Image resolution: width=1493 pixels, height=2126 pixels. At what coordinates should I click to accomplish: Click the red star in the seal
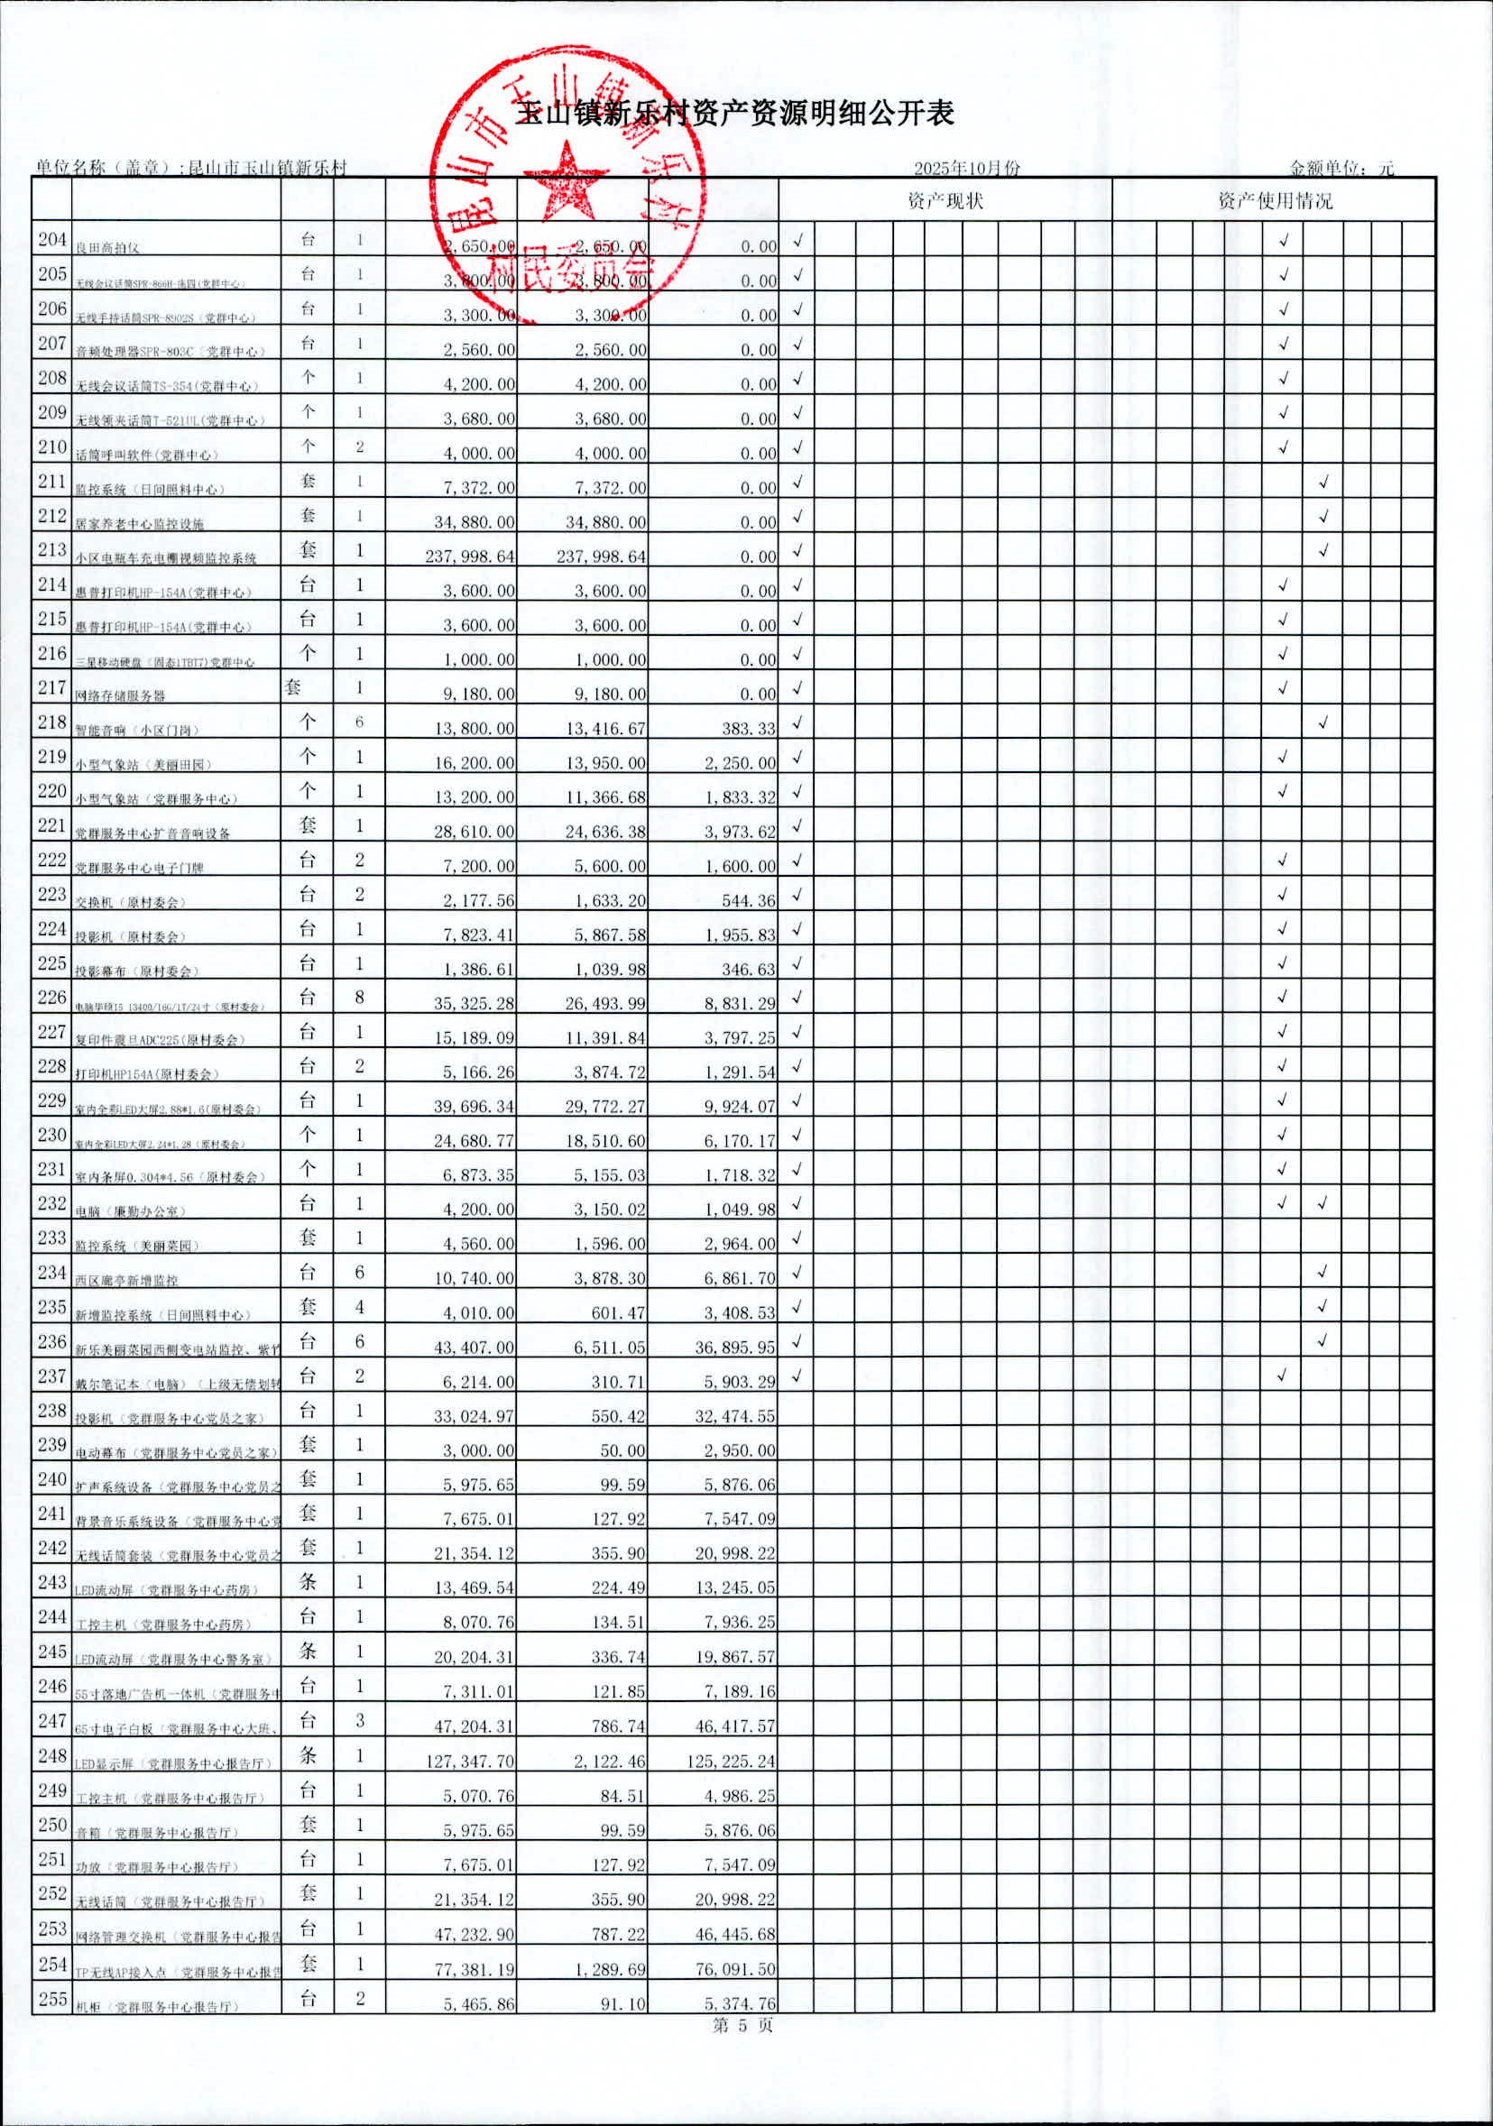coord(567,181)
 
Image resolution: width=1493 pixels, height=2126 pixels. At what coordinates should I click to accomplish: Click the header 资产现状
coord(945,200)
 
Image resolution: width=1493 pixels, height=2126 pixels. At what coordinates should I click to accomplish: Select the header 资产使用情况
coord(1275,200)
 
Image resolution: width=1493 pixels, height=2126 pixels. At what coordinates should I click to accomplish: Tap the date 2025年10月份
coord(967,169)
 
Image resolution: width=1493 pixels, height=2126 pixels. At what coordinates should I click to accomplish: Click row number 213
coord(51,550)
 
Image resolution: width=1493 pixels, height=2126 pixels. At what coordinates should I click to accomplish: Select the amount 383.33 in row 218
coord(749,729)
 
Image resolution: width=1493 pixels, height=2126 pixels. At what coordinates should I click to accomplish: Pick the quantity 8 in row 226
coord(359,998)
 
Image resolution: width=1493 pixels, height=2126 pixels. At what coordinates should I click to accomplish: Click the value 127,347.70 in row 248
coord(471,1761)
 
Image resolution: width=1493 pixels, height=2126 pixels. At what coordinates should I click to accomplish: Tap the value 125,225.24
coord(731,1761)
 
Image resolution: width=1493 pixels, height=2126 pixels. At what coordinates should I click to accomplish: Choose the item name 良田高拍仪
coord(107,248)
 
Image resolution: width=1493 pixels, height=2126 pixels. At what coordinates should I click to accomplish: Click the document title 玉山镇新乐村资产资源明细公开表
coord(735,114)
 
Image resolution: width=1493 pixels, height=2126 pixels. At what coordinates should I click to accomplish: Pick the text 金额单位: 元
coord(1341,169)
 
